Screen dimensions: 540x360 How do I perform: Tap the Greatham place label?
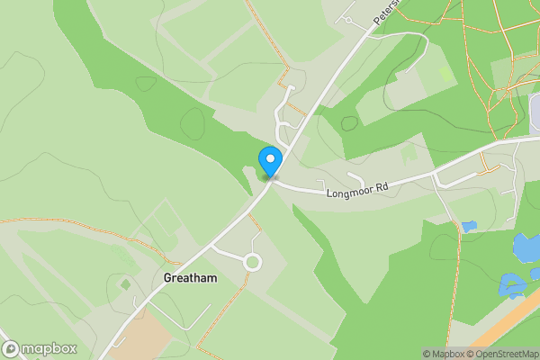coord(191,279)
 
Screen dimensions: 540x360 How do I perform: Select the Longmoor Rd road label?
coord(356,188)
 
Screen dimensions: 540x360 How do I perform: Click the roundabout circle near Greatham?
coord(251,263)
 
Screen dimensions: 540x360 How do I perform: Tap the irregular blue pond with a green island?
coord(514,285)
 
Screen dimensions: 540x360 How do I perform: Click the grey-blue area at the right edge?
coord(535,122)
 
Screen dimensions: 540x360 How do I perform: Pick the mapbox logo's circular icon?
coord(11,348)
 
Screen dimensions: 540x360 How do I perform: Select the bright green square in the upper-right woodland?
coord(445,74)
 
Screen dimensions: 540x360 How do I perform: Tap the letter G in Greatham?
coord(168,279)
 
